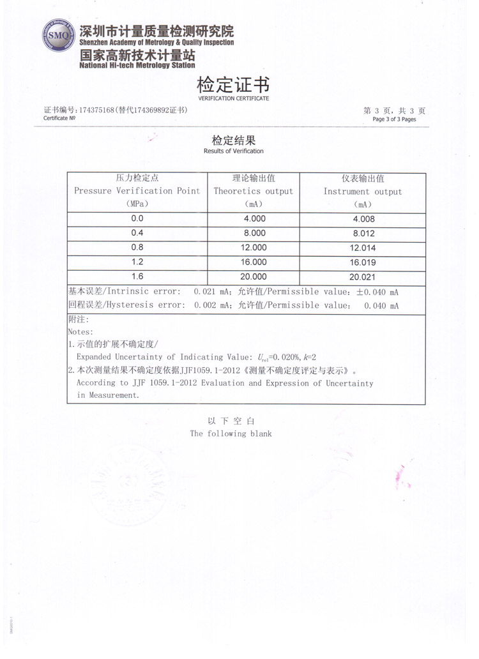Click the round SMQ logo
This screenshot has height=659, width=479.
[59, 36]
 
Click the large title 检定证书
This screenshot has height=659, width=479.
[233, 85]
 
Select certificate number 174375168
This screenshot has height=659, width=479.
[96, 110]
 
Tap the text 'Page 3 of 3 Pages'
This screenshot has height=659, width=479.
[394, 119]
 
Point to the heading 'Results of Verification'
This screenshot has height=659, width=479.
[233, 151]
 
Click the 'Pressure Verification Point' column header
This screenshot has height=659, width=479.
[137, 191]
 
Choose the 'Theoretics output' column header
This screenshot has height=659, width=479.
[253, 191]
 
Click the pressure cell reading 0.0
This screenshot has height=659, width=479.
[137, 218]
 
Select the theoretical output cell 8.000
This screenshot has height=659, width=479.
[254, 233]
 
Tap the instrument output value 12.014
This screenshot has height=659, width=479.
[362, 248]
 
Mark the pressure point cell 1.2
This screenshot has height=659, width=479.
[137, 262]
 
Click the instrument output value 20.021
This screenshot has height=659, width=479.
[362, 277]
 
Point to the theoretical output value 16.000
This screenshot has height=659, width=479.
[254, 262]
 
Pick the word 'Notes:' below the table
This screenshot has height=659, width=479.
[80, 332]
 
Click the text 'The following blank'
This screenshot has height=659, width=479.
[231, 434]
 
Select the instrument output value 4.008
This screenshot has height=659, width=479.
[362, 219]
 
